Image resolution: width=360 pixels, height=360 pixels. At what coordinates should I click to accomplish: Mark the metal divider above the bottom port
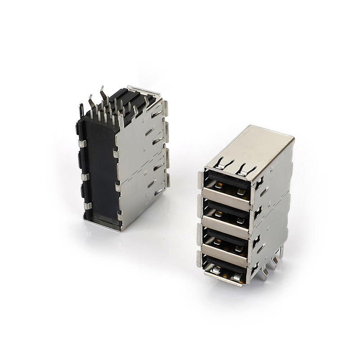pos(224,254)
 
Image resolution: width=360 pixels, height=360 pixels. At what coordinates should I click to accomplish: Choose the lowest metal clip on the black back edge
pos(87,206)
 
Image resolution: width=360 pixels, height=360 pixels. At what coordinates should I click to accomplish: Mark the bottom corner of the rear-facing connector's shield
pos(121,229)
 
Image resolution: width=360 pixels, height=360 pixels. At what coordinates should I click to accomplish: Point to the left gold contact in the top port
pos(219,185)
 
